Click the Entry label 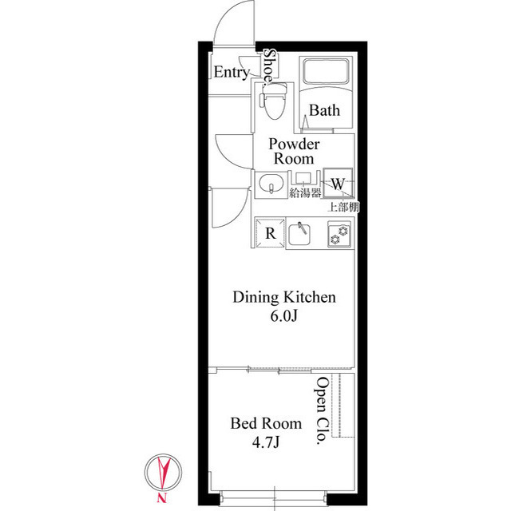coord(232,73)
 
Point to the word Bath coord(324,111)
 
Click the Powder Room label coord(294,151)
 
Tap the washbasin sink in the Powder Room coord(271,184)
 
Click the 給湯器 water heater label coord(305,192)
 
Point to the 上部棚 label coord(343,206)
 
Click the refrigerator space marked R coord(271,233)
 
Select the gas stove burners coord(339,234)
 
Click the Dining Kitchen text coord(283,298)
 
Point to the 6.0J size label coord(283,317)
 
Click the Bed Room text coord(266,423)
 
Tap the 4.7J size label coord(266,442)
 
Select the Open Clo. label coord(322,413)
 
